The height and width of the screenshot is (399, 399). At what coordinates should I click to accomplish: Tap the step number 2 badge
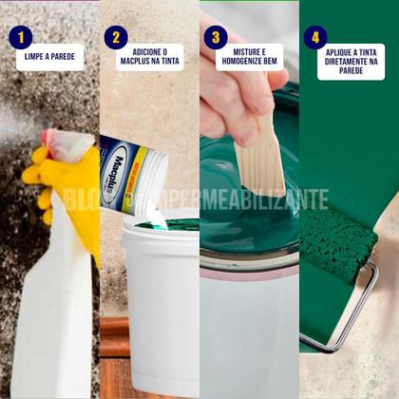[117, 37]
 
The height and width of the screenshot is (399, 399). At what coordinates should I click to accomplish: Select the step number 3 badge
[216, 37]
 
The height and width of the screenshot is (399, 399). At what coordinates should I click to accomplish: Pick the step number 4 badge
[315, 37]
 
